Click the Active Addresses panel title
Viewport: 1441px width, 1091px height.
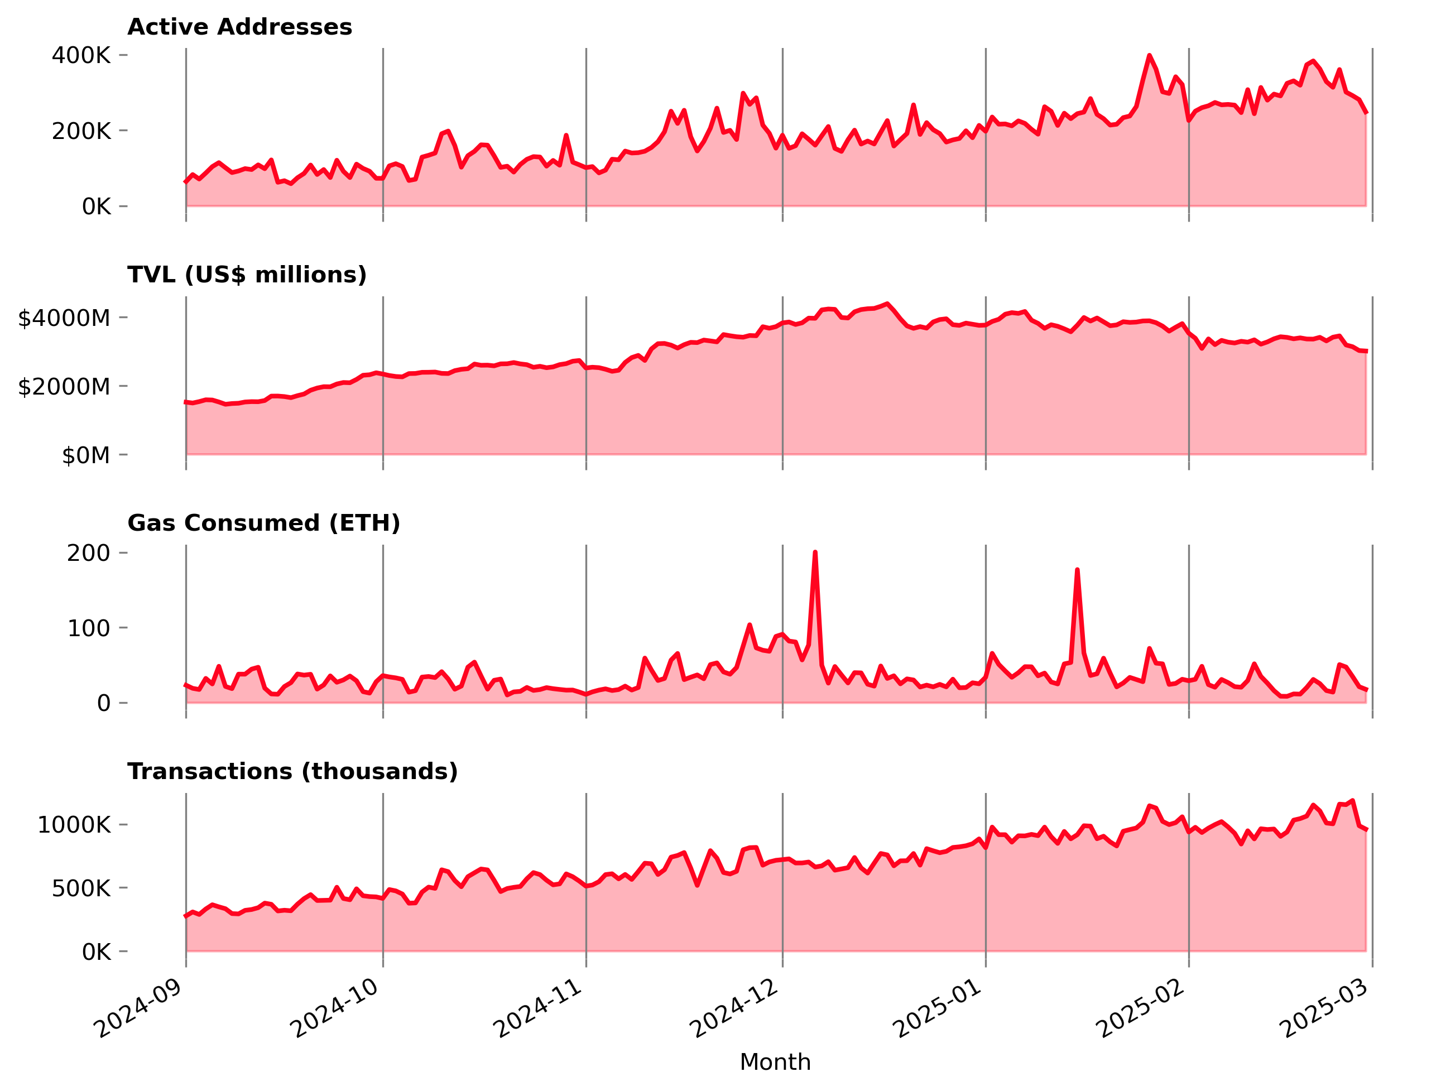click(x=239, y=27)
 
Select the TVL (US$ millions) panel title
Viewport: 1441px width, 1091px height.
click(x=247, y=275)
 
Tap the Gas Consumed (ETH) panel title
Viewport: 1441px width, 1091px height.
click(x=263, y=523)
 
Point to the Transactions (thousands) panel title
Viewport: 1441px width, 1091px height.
click(x=292, y=771)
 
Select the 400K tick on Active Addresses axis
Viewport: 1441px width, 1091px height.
click(x=81, y=55)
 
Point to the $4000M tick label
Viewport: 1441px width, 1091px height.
click(x=64, y=319)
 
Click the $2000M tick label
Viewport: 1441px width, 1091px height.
click(x=64, y=387)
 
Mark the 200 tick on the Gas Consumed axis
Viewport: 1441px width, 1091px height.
click(x=88, y=553)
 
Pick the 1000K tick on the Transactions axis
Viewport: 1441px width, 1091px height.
click(x=74, y=825)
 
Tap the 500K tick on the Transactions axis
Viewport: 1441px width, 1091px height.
click(x=81, y=888)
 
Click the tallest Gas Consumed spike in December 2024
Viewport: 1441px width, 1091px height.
click(x=815, y=552)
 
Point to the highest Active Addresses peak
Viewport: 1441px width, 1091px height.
click(x=1149, y=55)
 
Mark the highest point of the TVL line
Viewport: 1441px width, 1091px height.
click(x=887, y=304)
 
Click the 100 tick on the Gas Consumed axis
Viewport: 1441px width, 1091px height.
click(x=88, y=628)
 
